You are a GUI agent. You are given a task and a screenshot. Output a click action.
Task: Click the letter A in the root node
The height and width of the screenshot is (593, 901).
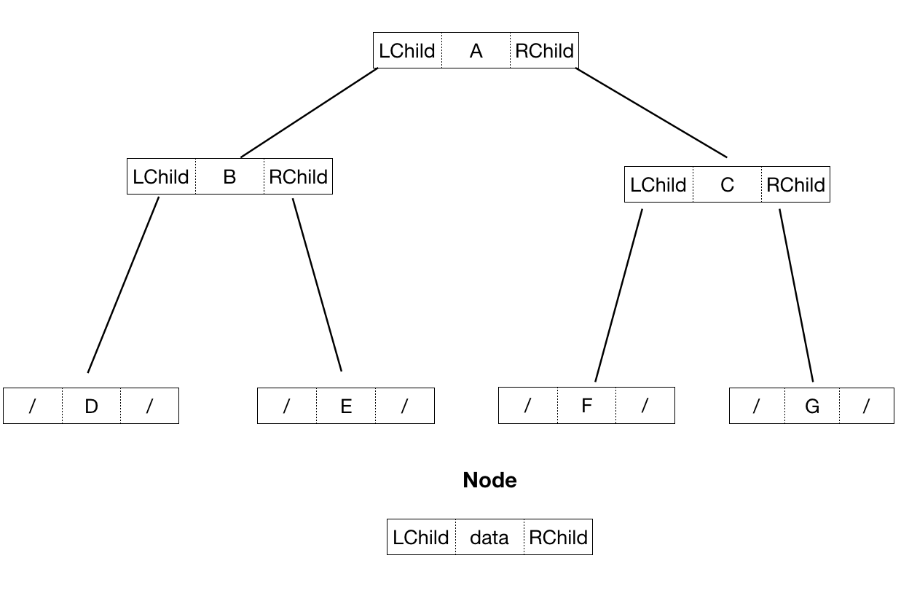click(476, 51)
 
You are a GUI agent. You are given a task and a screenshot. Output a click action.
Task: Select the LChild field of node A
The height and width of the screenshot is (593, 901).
click(406, 51)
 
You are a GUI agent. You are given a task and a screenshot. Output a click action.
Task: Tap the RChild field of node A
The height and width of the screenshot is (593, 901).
click(544, 51)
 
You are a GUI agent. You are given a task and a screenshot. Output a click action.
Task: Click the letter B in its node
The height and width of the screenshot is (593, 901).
click(229, 177)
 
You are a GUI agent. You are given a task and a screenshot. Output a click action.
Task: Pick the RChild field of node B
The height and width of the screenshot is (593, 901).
click(298, 177)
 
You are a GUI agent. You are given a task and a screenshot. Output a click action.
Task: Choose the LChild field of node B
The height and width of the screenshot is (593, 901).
click(160, 177)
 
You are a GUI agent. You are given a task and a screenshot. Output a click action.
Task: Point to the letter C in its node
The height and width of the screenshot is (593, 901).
click(727, 185)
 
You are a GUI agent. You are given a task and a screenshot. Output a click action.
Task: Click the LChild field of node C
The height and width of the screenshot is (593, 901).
click(658, 185)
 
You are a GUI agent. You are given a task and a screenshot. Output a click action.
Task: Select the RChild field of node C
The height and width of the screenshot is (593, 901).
click(795, 185)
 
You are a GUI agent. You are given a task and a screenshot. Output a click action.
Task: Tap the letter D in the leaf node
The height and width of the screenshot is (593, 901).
click(91, 407)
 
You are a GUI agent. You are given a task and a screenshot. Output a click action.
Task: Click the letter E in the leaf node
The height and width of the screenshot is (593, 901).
click(346, 407)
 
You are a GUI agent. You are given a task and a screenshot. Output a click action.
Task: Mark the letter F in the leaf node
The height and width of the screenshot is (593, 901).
click(587, 406)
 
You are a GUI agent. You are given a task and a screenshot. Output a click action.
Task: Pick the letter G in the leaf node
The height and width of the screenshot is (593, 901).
click(812, 407)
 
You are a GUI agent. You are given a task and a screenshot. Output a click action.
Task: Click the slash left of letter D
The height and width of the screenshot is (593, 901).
click(32, 407)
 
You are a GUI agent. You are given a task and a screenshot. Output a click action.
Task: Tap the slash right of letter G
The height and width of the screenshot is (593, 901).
click(866, 407)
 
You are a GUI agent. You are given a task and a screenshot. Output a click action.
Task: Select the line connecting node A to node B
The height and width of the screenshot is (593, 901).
click(309, 112)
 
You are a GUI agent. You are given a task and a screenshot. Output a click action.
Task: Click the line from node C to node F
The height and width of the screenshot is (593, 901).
click(618, 295)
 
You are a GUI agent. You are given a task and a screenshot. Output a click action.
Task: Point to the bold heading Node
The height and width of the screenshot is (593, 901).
click(489, 480)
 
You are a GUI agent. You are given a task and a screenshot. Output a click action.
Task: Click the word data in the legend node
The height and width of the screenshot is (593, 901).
click(489, 538)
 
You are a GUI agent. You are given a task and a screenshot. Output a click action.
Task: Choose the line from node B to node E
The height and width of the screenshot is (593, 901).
click(317, 284)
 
